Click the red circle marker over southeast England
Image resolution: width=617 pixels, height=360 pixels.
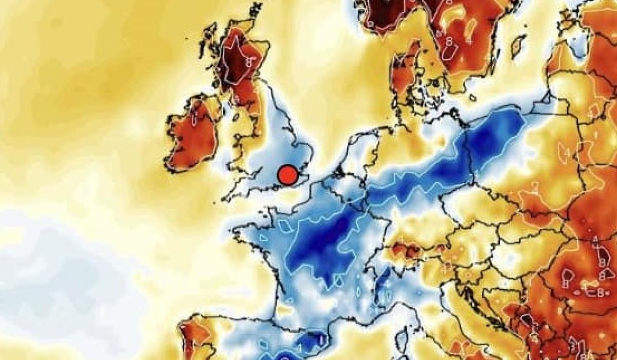287,175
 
